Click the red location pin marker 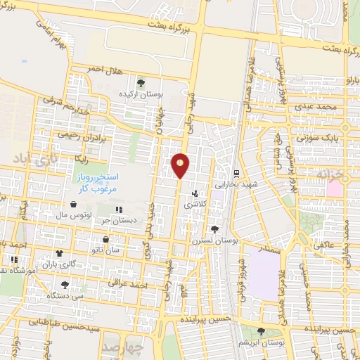pos(180,165)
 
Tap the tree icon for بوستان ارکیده pos(141,84)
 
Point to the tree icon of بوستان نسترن pos(214,229)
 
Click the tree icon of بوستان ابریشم pos(261,331)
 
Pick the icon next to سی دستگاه pos(65,285)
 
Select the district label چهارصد pos(122,347)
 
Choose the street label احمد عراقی pos(127,283)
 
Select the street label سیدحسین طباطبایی pos(63,326)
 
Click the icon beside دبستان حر pos(119,210)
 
